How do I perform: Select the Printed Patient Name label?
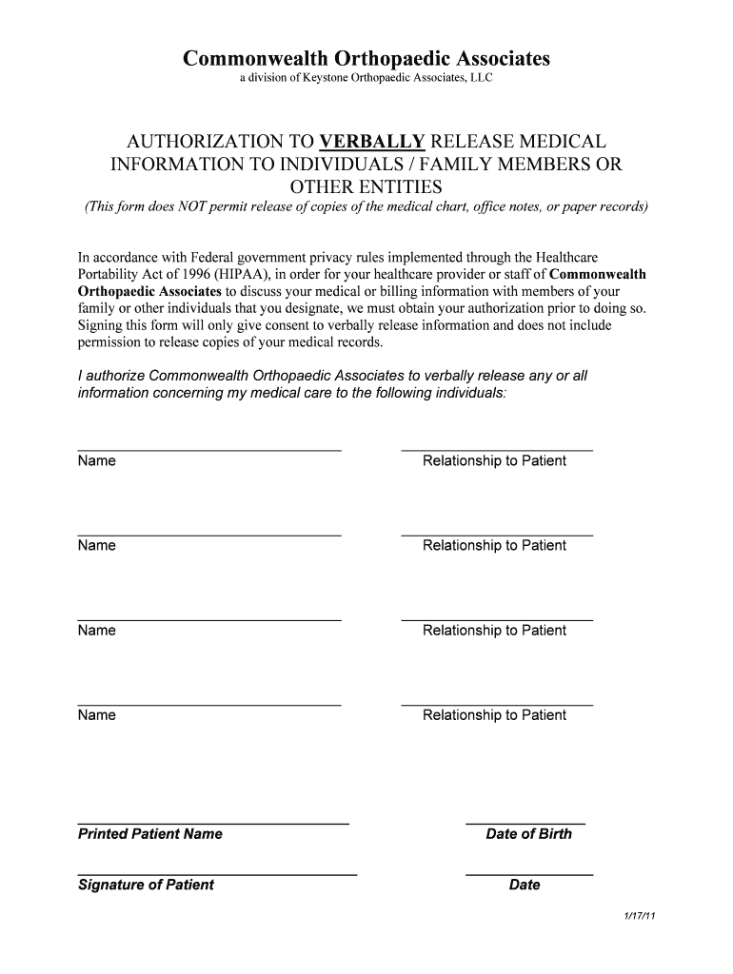click(149, 834)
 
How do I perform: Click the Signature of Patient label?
click(146, 886)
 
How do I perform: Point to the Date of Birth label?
click(528, 834)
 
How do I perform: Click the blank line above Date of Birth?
click(525, 821)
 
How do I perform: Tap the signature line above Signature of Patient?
click(217, 872)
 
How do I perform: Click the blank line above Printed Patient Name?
click(212, 821)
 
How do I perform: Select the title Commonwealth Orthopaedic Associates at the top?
click(366, 59)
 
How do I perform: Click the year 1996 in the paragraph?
click(183, 275)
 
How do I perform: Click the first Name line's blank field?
click(208, 449)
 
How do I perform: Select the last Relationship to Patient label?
click(494, 715)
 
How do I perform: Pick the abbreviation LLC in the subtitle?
click(481, 78)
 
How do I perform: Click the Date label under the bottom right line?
click(525, 886)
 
